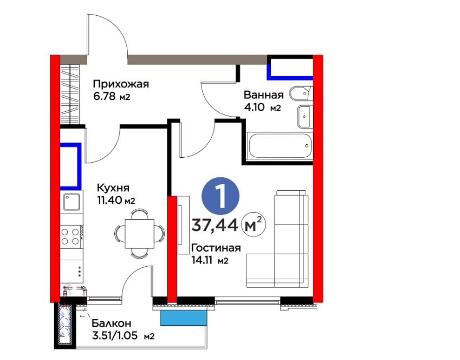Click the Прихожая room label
click(x=121, y=84)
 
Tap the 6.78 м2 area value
click(x=112, y=97)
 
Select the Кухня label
click(x=113, y=188)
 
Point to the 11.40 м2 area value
click(x=116, y=201)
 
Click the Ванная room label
click(x=264, y=95)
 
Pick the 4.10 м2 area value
click(x=263, y=107)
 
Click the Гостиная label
click(x=216, y=248)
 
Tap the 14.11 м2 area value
click(x=210, y=260)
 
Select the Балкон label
click(x=112, y=323)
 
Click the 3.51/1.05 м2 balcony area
click(x=123, y=336)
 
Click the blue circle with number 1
click(x=221, y=196)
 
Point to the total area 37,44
click(x=215, y=226)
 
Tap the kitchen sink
click(x=72, y=202)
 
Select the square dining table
click(x=140, y=234)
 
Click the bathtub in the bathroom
click(x=278, y=146)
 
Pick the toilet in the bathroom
click(x=301, y=94)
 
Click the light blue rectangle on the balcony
click(x=184, y=318)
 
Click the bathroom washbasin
click(x=305, y=117)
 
